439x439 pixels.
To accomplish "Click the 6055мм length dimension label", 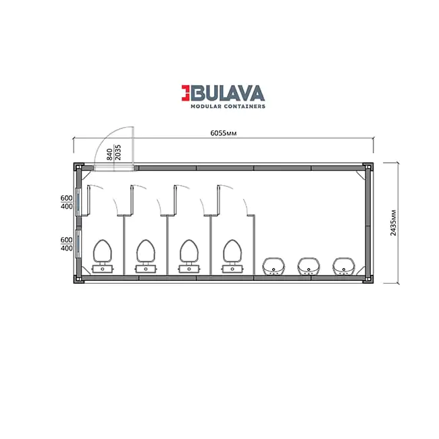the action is pyautogui.click(x=224, y=133).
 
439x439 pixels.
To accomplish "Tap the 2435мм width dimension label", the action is pyautogui.click(x=393, y=223).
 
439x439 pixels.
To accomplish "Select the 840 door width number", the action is pyautogui.click(x=109, y=155).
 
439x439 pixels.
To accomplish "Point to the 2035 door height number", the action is pyautogui.click(x=118, y=153).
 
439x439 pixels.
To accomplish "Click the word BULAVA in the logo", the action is pyautogui.click(x=228, y=93).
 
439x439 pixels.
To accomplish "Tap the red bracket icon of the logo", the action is pyautogui.click(x=185, y=93).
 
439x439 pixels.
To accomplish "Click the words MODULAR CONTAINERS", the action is pyautogui.click(x=228, y=107).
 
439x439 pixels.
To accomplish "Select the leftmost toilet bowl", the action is pyautogui.click(x=103, y=256).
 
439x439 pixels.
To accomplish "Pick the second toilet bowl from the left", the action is pyautogui.click(x=146, y=256).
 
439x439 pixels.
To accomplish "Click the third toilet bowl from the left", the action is pyautogui.click(x=189, y=256).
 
